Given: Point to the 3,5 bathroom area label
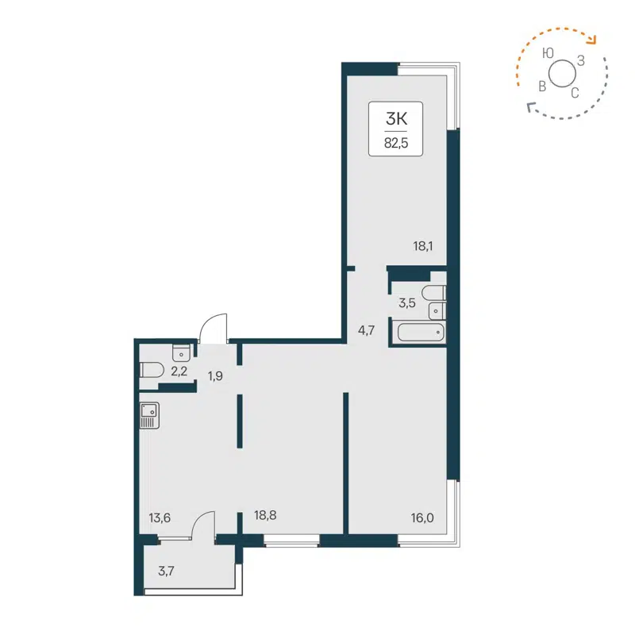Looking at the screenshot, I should pos(406,302).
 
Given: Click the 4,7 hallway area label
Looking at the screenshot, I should pos(366,331).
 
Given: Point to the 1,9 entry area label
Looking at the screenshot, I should pos(215,375).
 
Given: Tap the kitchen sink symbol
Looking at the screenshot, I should pos(148,415).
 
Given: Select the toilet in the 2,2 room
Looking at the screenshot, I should pos(150,369).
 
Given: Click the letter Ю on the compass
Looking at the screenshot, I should pos(547,54).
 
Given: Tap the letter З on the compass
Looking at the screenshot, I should pos(581,60).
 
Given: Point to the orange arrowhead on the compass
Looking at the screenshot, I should pos(592,41).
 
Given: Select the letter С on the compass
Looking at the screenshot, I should pos(575,93).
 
